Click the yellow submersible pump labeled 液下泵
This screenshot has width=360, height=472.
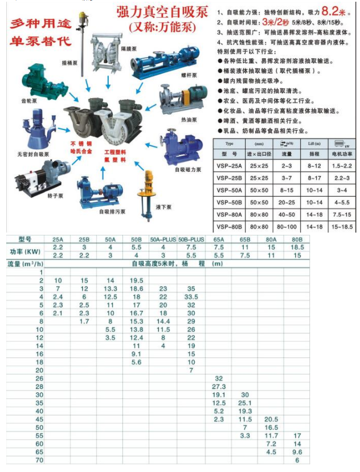click(x=150, y=185)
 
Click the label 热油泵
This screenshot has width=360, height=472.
click(x=189, y=120)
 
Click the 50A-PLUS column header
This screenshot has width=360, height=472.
click(x=163, y=239)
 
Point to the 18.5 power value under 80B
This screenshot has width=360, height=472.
click(x=297, y=247)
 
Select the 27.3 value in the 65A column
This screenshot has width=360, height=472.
click(x=219, y=386)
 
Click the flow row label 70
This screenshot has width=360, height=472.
click(x=39, y=459)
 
